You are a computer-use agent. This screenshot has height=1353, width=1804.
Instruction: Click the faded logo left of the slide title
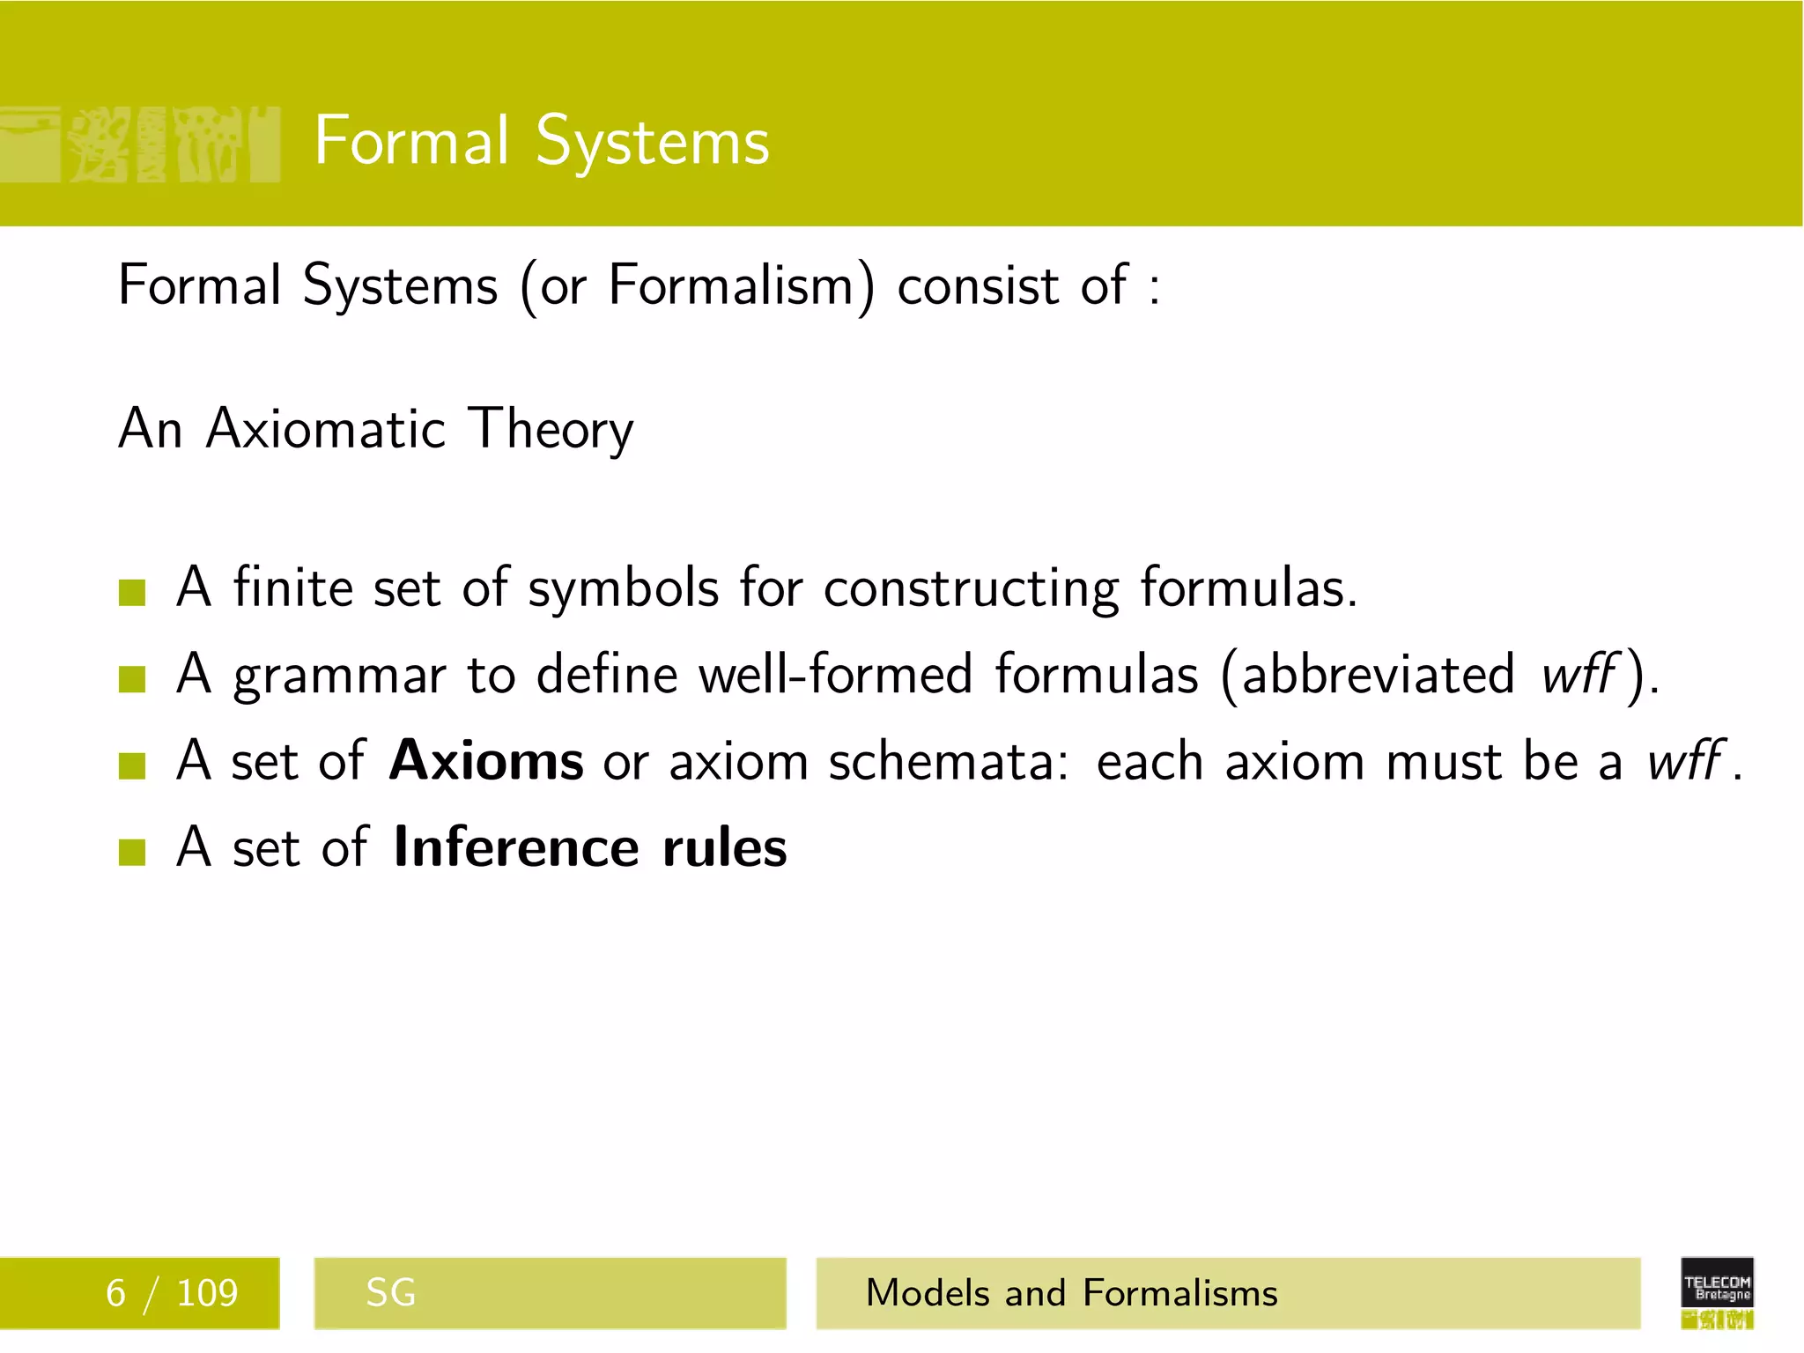coord(139,144)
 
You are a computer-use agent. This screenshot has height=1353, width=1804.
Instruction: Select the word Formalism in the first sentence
coord(730,286)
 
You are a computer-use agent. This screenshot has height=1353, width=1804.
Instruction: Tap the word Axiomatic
coord(326,429)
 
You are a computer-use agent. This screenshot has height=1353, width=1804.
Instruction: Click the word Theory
coord(551,431)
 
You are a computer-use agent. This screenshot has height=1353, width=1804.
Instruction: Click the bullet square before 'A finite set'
coord(131,593)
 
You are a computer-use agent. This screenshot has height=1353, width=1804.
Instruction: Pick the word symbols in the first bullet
coord(623,588)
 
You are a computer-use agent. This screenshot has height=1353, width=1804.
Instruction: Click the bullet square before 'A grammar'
coord(131,679)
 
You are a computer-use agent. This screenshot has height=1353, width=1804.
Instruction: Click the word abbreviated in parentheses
coord(1378,675)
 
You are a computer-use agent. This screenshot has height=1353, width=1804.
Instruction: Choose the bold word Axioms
coord(485,760)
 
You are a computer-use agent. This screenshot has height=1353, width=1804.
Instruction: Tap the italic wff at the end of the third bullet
coord(1684,760)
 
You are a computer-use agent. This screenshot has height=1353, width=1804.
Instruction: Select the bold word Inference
coord(516,847)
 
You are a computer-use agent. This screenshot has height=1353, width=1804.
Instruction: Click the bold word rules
coord(724,847)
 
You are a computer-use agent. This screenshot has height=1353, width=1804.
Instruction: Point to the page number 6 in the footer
coord(115,1293)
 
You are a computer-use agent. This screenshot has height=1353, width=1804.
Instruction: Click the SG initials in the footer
coord(390,1293)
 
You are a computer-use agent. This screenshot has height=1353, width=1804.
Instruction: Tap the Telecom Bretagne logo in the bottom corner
coord(1716,1292)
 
